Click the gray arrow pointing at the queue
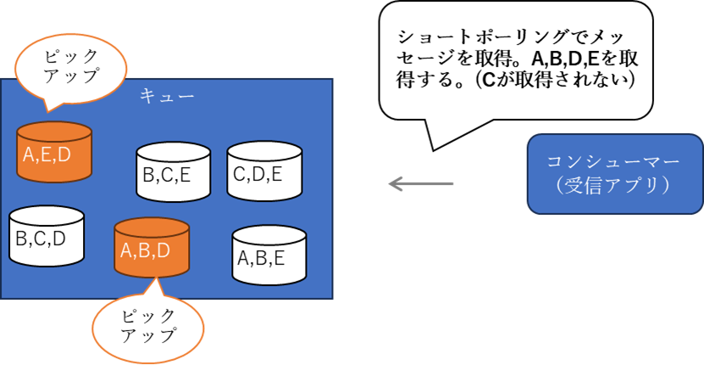pyautogui.click(x=420, y=183)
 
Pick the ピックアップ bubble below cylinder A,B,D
pyautogui.click(x=148, y=325)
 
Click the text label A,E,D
pyautogui.click(x=47, y=155)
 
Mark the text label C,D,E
pyautogui.click(x=264, y=177)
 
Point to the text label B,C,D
pyautogui.click(x=41, y=239)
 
